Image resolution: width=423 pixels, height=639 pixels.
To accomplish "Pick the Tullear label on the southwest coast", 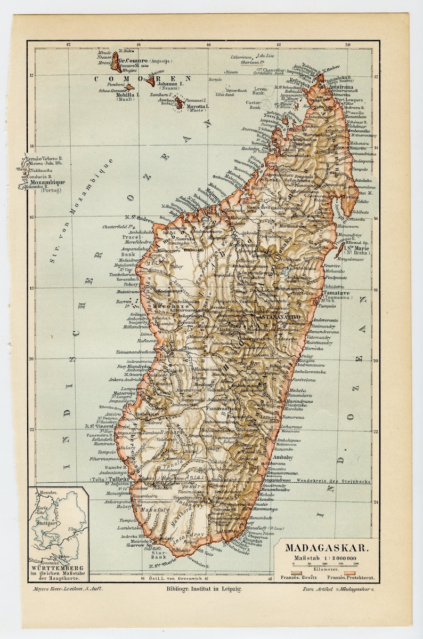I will point(119,479).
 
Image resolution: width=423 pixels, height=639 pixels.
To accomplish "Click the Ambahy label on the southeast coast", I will point(283,457).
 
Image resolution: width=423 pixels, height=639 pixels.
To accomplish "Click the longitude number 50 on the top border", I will point(347,45).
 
